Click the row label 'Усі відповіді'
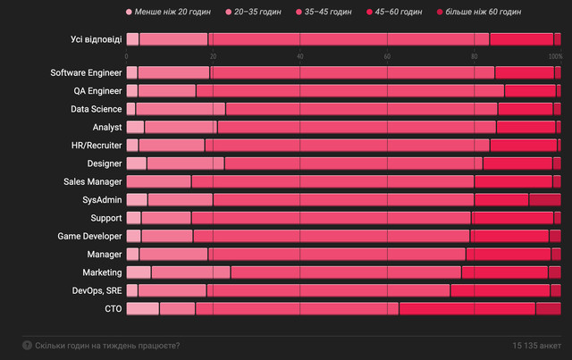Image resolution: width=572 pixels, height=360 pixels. (x=97, y=38)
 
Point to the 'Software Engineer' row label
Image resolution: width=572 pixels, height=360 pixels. (x=86, y=72)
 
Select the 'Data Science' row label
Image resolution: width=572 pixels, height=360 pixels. (x=97, y=109)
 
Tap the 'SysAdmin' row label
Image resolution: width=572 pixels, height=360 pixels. (x=103, y=199)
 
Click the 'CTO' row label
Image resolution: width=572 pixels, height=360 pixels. (x=113, y=308)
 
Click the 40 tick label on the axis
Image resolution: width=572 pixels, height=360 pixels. (x=300, y=56)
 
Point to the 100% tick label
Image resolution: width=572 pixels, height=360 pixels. (x=555, y=56)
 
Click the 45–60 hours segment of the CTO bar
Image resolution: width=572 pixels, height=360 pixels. (x=467, y=308)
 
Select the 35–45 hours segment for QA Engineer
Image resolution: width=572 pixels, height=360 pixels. (x=349, y=90)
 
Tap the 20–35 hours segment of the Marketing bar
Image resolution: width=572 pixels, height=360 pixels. (x=190, y=272)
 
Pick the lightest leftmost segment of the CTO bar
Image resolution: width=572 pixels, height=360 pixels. (x=143, y=308)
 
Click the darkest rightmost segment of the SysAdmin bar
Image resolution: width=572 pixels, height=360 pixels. (x=544, y=199)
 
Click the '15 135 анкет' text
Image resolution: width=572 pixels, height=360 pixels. (x=537, y=345)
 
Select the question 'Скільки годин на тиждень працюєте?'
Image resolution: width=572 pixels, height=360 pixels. (x=106, y=345)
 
